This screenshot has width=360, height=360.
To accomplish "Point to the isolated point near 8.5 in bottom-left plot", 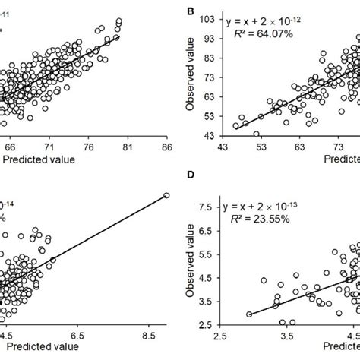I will tap(166, 196).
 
